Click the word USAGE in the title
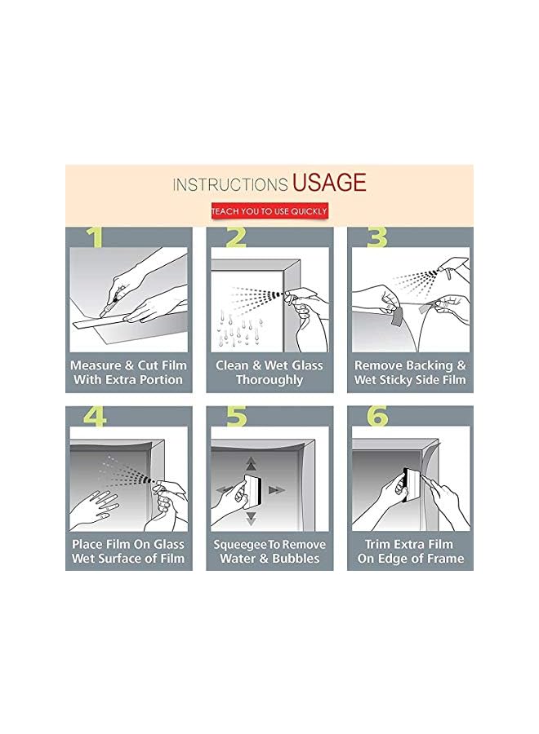point(329,182)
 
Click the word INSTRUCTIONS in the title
point(230,184)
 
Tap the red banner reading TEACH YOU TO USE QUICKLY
point(269,211)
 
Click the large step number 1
point(96,237)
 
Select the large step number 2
point(236,237)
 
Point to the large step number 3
point(376,237)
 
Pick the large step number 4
point(95,416)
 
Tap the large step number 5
point(236,416)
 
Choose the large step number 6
point(377,416)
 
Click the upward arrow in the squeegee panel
point(252,463)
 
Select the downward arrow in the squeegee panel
point(252,518)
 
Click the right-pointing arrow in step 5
point(277,490)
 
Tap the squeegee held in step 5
point(253,489)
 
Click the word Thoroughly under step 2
point(269,379)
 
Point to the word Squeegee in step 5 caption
point(240,545)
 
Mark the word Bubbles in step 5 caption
point(296,559)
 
